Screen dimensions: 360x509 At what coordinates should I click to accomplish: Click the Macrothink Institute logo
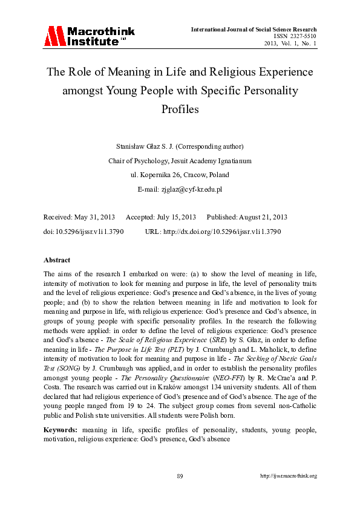coord(89,36)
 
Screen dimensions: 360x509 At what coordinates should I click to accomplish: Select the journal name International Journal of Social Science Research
coord(254,29)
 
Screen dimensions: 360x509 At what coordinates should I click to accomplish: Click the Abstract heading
coord(59,259)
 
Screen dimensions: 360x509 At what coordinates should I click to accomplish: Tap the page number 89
coord(180,476)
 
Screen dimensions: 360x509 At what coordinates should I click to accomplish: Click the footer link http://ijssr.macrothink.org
coord(289,476)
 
